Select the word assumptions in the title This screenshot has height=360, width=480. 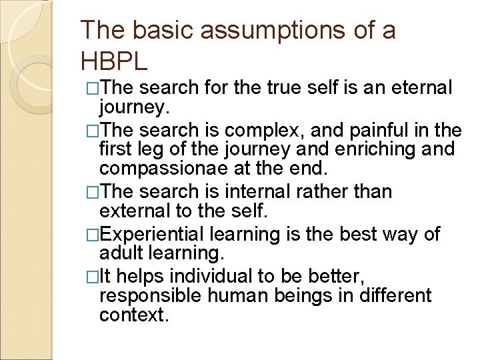pyautogui.click(x=252, y=30)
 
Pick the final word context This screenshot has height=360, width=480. pyautogui.click(x=133, y=314)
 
